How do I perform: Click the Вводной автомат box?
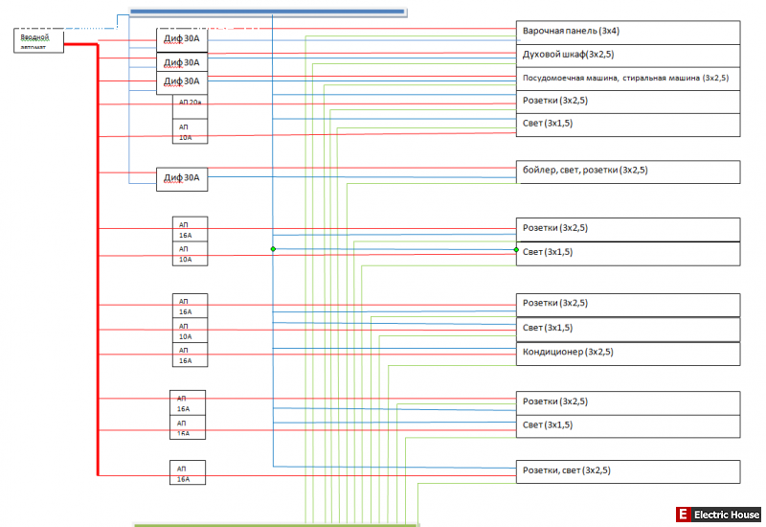point(39,40)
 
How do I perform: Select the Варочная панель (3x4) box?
point(628,32)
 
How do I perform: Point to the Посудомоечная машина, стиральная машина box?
point(628,78)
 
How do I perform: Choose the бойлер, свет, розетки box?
point(628,172)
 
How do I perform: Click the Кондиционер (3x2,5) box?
point(628,353)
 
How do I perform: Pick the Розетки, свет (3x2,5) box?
point(628,470)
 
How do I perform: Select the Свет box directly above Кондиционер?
point(628,329)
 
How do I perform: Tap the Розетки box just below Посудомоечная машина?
point(628,101)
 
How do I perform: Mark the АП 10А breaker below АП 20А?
point(190,130)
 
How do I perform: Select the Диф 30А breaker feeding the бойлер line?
point(182,178)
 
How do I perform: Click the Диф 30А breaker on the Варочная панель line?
point(182,39)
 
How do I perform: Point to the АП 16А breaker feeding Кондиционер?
point(190,355)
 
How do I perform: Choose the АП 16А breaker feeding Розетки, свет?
point(190,472)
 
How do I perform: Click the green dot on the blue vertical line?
point(273,249)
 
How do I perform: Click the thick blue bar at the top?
point(267,11)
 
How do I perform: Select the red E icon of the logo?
point(683,516)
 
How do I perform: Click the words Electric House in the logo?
point(727,516)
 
